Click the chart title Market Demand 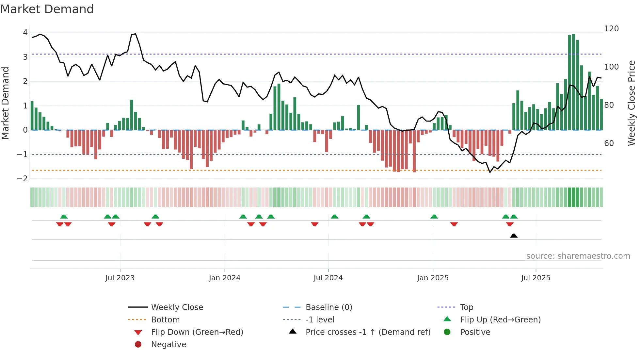point(47,9)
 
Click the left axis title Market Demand point(5,103)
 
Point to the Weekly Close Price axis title point(632,103)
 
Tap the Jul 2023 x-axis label point(120,278)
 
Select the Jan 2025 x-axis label point(433,278)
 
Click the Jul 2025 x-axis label point(536,278)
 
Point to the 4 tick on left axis point(25,33)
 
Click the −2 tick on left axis point(23,179)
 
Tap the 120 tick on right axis point(611,29)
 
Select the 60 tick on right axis point(609,143)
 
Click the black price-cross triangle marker point(514,236)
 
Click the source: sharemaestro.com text point(578,256)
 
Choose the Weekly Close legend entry point(177,307)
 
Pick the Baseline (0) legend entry point(328,307)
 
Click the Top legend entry point(466,307)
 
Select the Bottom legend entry point(165,320)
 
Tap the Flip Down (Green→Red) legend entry point(197,332)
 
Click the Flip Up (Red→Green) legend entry point(500,320)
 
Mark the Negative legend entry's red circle point(138,345)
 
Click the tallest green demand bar point(573,82)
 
